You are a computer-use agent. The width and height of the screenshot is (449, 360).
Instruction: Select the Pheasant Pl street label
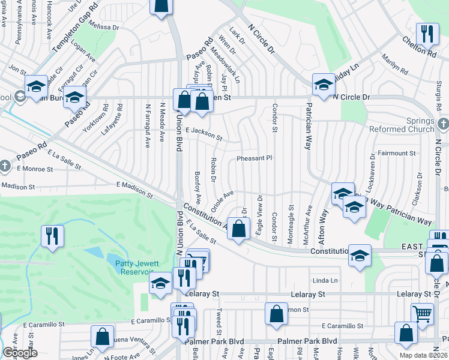click(254, 158)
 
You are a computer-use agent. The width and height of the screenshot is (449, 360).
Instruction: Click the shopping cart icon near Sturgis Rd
click(422, 313)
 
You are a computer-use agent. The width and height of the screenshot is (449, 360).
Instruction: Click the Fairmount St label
click(396, 154)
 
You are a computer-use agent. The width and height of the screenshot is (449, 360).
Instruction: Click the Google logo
click(20, 353)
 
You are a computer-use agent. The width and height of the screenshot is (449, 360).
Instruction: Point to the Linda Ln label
click(325, 281)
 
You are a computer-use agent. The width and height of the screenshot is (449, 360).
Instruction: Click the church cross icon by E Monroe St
click(4, 166)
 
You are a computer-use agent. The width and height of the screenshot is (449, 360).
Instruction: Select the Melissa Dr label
click(103, 26)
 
